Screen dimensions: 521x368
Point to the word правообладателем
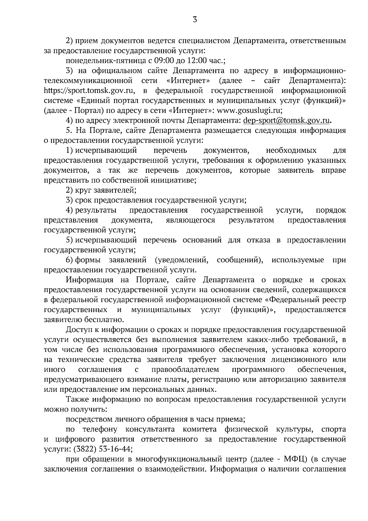click(185, 369)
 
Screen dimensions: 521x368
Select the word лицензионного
click(300, 359)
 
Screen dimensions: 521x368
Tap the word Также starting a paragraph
click(77, 399)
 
